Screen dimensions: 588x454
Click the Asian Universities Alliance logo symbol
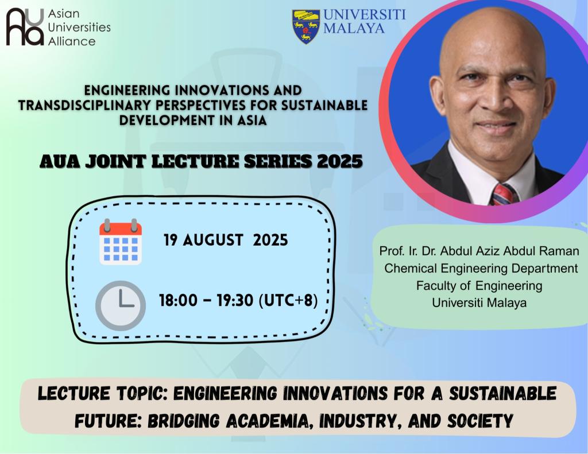25,26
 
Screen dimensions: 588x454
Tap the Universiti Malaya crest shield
306,26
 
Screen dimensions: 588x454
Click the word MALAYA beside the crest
354,28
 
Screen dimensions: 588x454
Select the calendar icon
121,242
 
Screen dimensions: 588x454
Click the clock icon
121,305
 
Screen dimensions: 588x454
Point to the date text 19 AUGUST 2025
225,240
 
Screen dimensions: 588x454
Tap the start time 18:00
178,300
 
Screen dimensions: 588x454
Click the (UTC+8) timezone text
288,300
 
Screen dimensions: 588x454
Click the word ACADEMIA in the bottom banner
269,421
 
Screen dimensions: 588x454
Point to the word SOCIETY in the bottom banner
479,421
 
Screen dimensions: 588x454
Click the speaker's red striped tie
504,195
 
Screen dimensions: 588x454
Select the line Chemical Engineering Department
481,269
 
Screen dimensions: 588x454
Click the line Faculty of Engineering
479,286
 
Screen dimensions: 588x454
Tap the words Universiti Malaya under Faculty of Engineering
479,302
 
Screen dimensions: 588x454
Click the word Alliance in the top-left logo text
72,41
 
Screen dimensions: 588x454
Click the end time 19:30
235,300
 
